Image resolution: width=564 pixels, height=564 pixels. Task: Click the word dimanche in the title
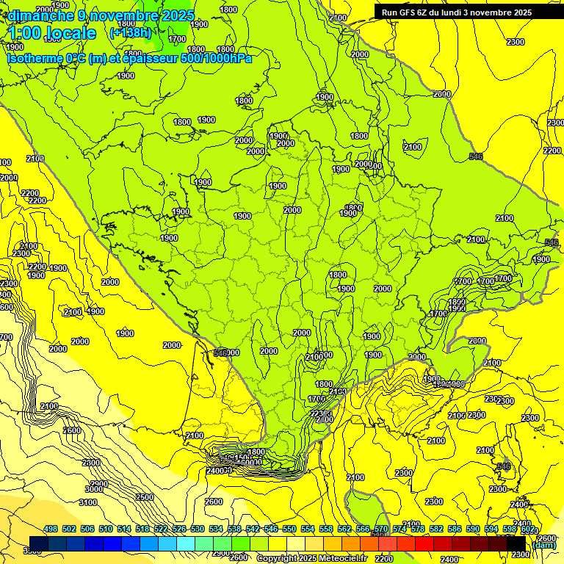(x=37, y=15)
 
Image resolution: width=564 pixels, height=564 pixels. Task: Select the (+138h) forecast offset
(x=131, y=32)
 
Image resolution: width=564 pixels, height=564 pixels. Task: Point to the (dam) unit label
(x=543, y=544)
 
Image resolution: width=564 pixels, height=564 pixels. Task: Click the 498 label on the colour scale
(x=51, y=529)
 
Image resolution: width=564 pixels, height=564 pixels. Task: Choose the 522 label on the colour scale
(x=161, y=529)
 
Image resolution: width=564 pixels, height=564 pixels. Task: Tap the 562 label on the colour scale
(x=344, y=529)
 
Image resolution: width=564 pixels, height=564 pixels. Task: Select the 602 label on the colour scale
(x=527, y=529)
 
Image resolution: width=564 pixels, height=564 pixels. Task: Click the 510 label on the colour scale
(x=106, y=529)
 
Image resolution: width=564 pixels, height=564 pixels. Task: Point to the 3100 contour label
(x=87, y=502)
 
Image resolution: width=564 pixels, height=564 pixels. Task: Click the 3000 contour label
(x=94, y=489)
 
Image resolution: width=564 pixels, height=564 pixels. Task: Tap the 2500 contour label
(x=144, y=497)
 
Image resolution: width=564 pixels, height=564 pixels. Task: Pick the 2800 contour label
(x=91, y=463)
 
